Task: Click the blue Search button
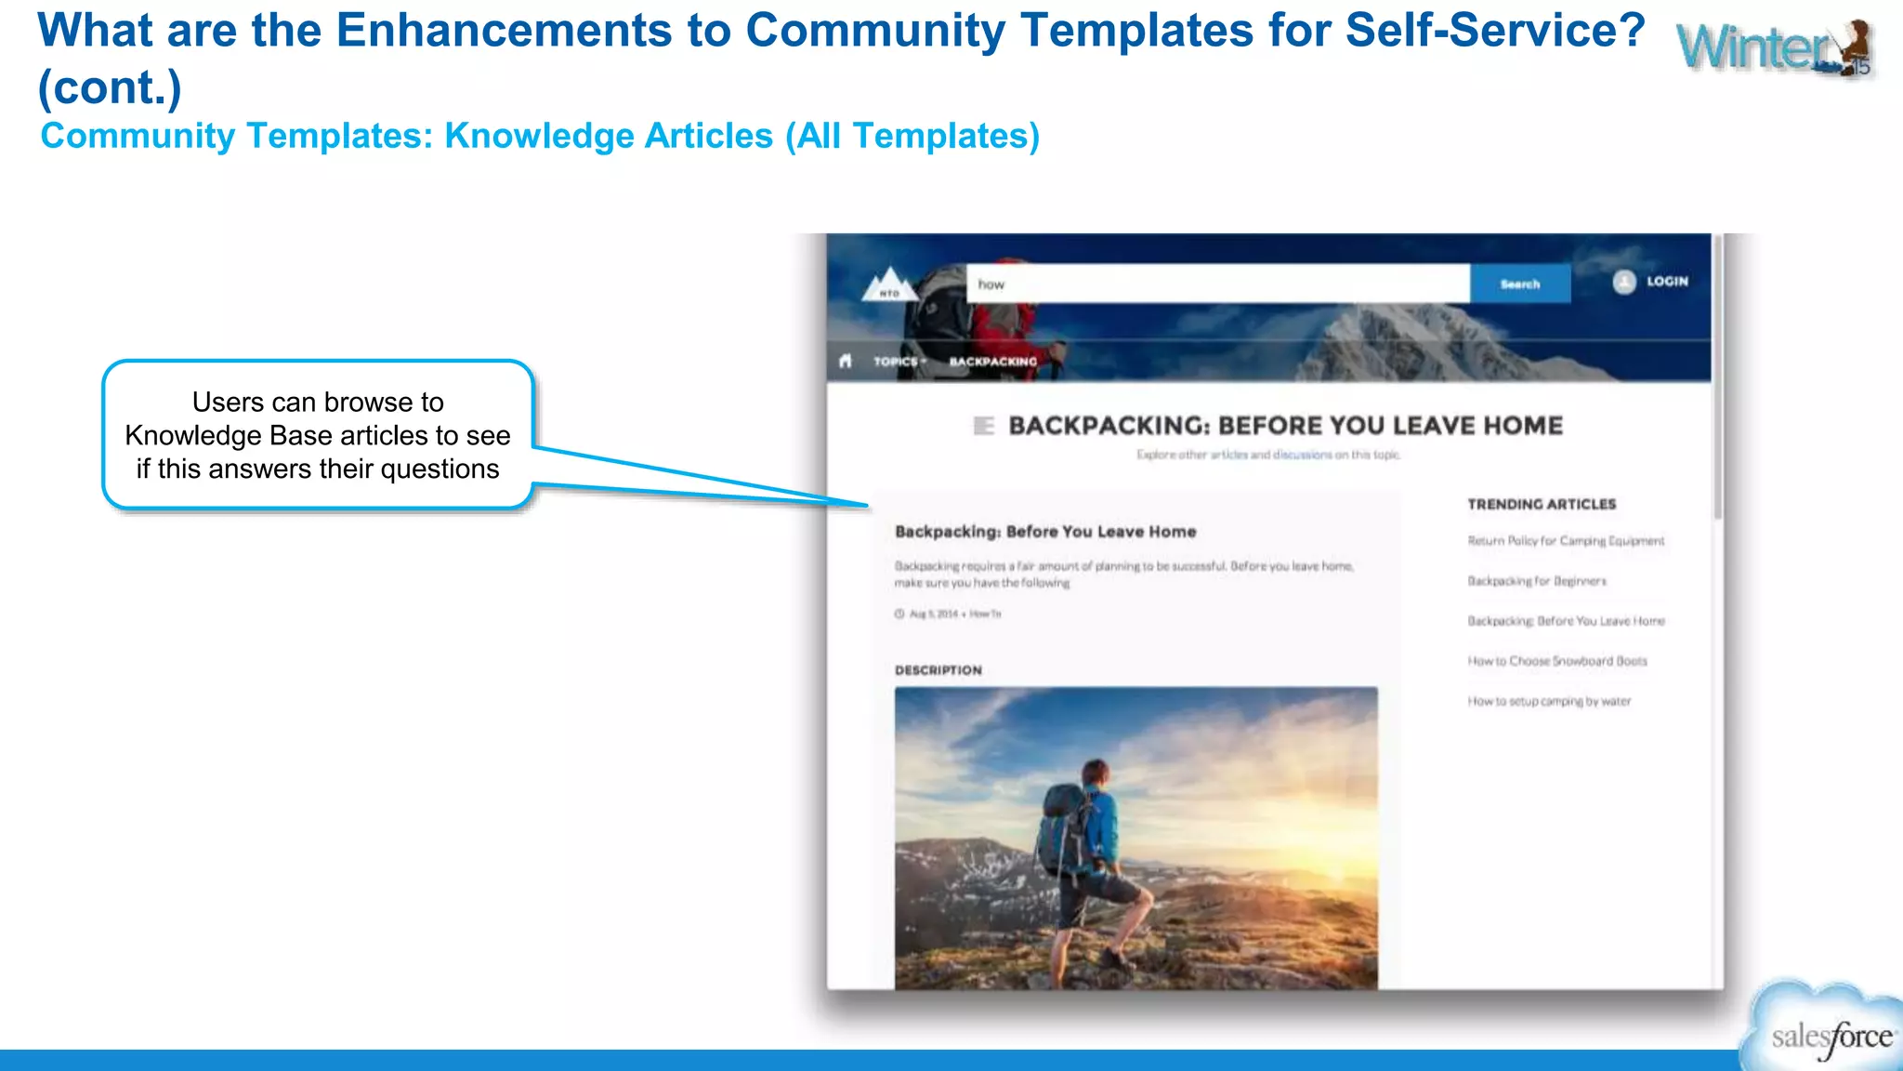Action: pyautogui.click(x=1520, y=284)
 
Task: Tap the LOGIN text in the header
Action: pyautogui.click(x=1667, y=281)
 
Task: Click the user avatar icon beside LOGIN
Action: pyautogui.click(x=1624, y=282)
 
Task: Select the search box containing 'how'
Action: pyautogui.click(x=1217, y=284)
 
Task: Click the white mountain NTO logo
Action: pyautogui.click(x=889, y=284)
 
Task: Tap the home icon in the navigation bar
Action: pyautogui.click(x=845, y=361)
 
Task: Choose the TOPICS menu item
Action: pyautogui.click(x=898, y=362)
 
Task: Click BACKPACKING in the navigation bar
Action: pyautogui.click(x=992, y=362)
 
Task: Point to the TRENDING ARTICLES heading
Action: pyautogui.click(x=1542, y=504)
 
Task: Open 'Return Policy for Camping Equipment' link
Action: pyautogui.click(x=1566, y=541)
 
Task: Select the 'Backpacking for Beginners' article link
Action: pyautogui.click(x=1537, y=581)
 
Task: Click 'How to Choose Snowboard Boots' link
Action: pyautogui.click(x=1557, y=661)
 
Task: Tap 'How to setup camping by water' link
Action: pyautogui.click(x=1549, y=702)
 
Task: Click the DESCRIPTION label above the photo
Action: pyautogui.click(x=938, y=670)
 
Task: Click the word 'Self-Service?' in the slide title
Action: pyautogui.click(x=1495, y=31)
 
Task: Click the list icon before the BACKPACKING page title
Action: pyautogui.click(x=983, y=426)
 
